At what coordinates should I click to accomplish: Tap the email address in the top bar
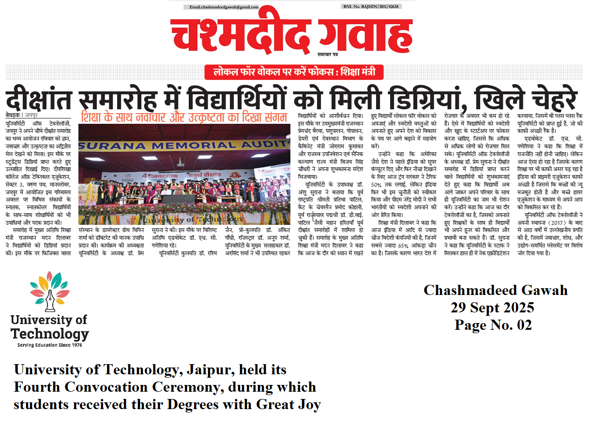[224, 7]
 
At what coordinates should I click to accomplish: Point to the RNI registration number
[372, 7]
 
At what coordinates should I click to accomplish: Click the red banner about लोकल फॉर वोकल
[294, 73]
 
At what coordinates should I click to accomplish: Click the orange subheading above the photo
[184, 117]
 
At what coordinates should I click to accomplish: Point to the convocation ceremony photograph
[184, 174]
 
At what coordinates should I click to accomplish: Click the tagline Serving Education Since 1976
[49, 345]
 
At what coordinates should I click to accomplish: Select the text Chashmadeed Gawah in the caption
[495, 290]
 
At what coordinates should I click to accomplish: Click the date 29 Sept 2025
[492, 308]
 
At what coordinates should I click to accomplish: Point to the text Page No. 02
[493, 325]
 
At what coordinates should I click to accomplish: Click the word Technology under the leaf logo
[50, 334]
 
